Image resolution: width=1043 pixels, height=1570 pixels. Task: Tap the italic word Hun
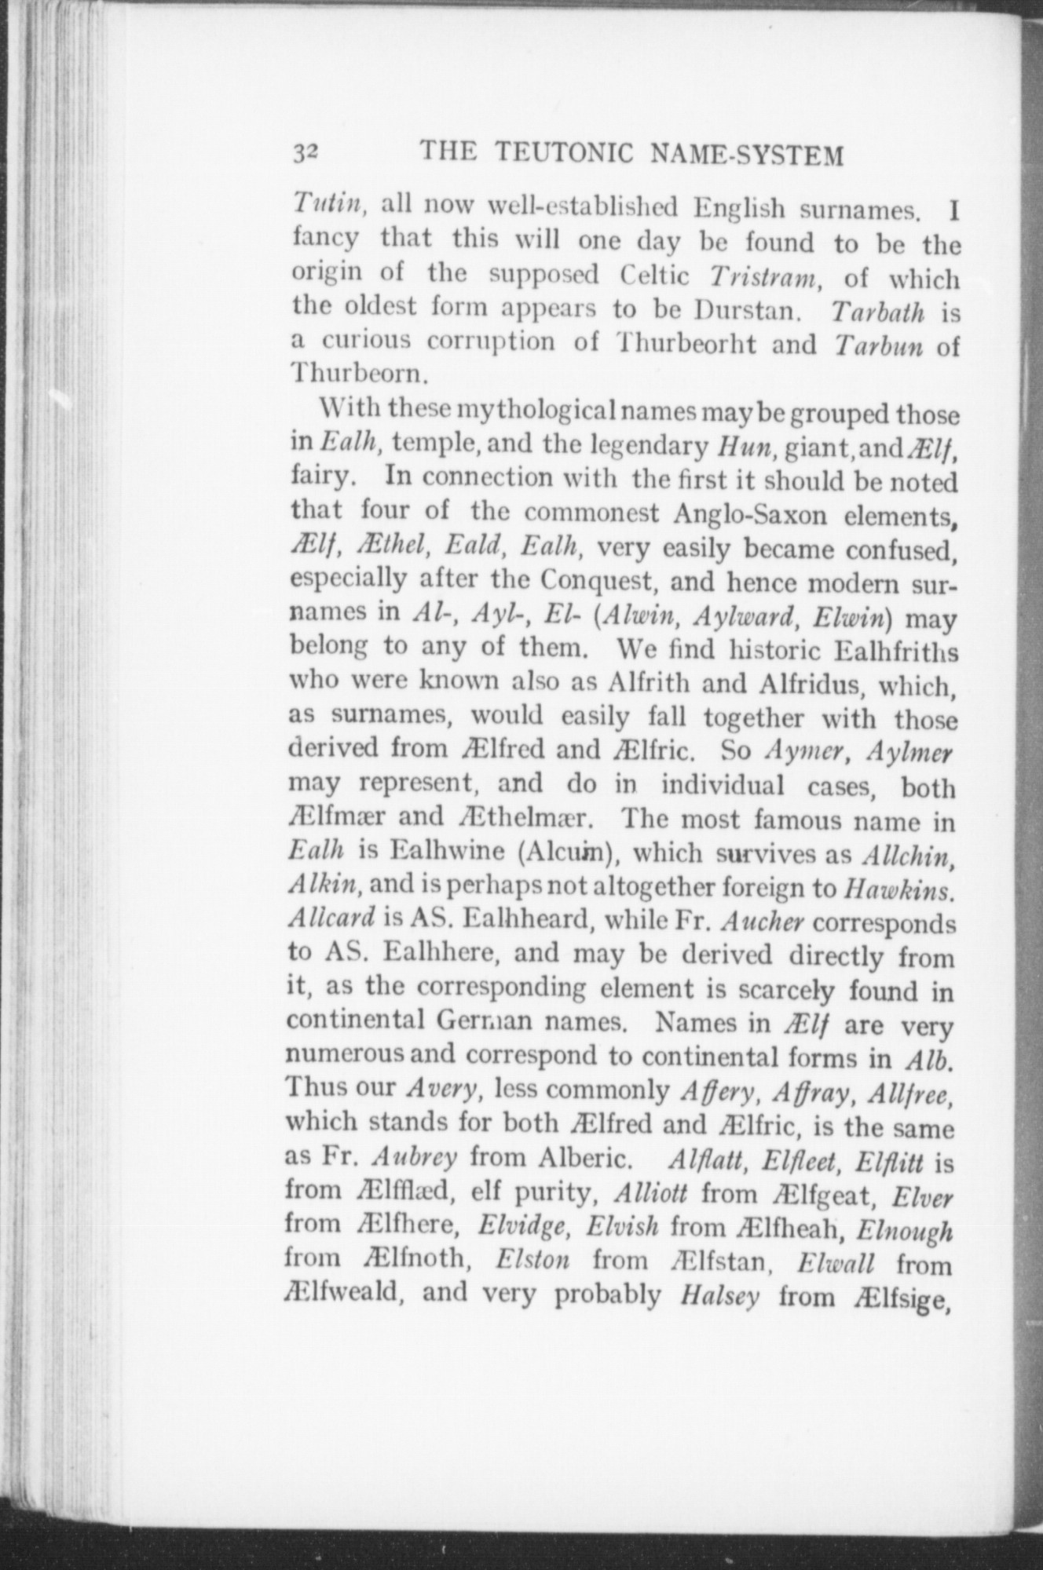(x=736, y=445)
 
